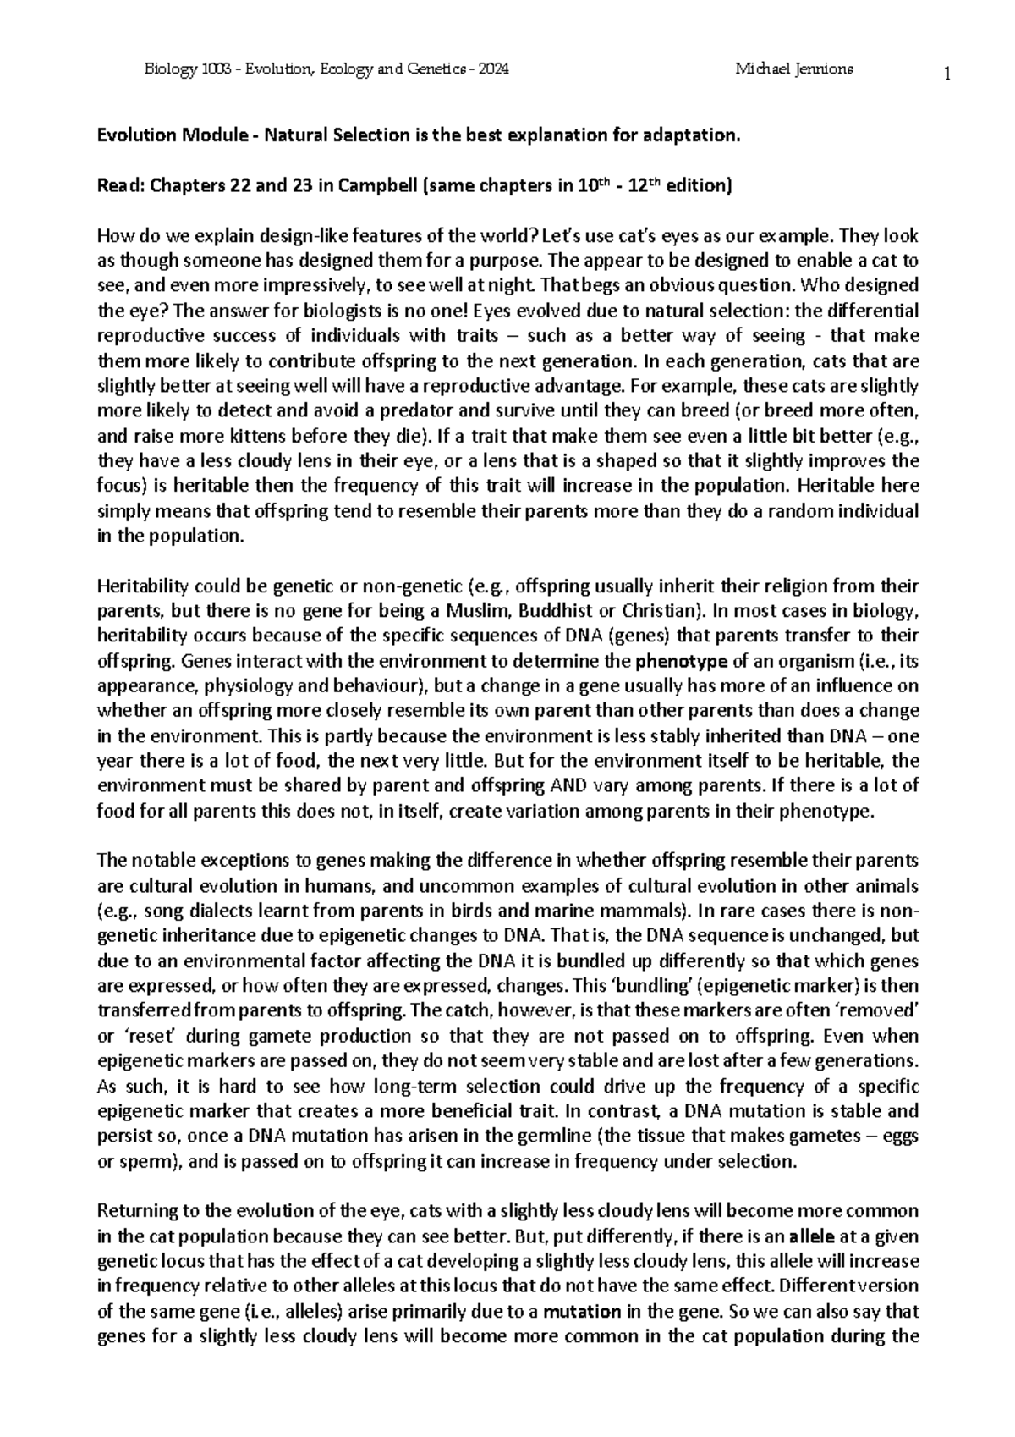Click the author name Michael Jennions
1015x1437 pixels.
[794, 69]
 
